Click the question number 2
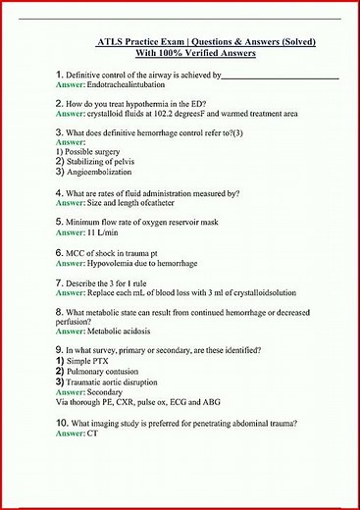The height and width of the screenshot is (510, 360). (59, 102)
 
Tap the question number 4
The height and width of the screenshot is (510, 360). (59, 193)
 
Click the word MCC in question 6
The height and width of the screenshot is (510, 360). (76, 253)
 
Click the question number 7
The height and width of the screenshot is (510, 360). (59, 282)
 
